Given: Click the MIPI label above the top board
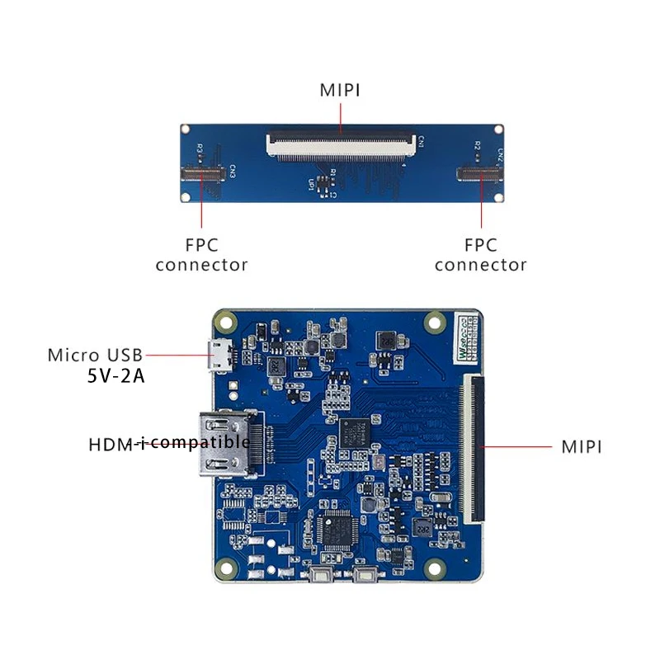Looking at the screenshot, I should click(x=340, y=90).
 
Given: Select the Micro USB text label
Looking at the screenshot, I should click(x=95, y=356).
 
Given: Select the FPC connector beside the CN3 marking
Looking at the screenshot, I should click(x=202, y=173).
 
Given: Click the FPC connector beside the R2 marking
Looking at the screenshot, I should click(x=480, y=172).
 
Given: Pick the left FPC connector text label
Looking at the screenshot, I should click(x=201, y=255).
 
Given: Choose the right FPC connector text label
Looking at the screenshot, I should click(x=480, y=255).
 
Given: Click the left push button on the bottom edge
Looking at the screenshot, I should click(x=318, y=576).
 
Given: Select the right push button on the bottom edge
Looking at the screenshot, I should click(x=363, y=576).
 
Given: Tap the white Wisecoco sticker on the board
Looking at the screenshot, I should click(x=468, y=338).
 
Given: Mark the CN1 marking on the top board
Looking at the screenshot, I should click(x=421, y=142).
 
